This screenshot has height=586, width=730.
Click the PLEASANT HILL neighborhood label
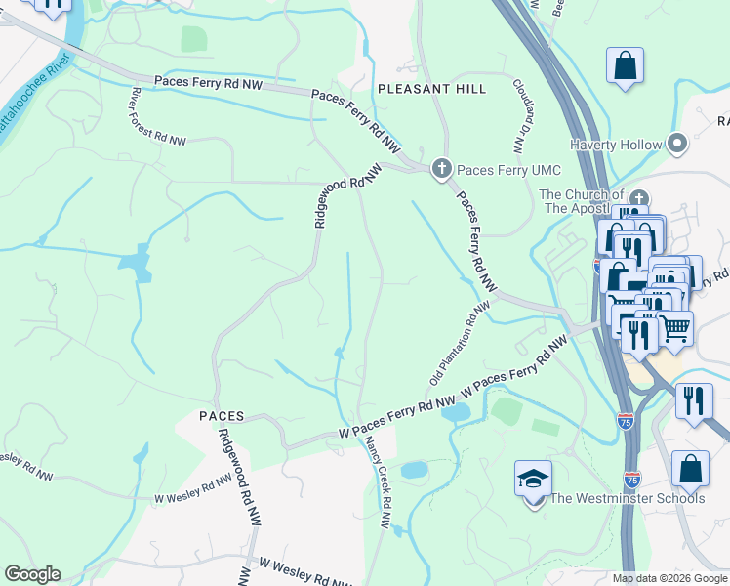pos(431,89)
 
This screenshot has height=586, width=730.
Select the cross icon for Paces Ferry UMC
pos(441,169)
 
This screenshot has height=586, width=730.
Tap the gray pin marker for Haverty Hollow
pos(677,145)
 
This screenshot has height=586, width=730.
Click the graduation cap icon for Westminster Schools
pos(533,479)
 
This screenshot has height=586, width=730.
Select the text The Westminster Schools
pos(627,499)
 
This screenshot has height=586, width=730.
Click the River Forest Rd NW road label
pos(156,116)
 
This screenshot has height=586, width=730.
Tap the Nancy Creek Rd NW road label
pos(378,481)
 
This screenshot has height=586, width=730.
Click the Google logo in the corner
pos(32,574)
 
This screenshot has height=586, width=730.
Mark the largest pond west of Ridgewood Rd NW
pos(135,263)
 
